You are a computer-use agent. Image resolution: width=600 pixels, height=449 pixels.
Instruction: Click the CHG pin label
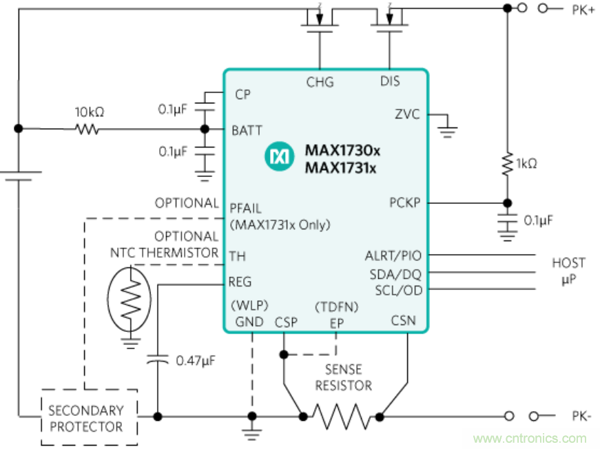coord(320,82)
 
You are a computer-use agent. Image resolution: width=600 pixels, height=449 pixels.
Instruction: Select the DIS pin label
coord(390,82)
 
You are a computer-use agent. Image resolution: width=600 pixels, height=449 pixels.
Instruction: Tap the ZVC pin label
coord(407,114)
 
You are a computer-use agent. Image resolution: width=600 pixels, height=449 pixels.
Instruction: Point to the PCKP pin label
coord(405,203)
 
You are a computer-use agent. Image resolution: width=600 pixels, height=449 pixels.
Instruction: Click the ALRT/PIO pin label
coord(393,256)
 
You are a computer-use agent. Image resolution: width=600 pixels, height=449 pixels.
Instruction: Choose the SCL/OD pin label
coord(399,291)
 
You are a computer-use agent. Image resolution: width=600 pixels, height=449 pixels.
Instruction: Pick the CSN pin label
coord(404,320)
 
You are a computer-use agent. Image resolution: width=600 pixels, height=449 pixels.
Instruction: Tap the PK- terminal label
coord(582,417)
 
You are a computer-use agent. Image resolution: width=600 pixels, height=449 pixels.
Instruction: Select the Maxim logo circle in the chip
coord(280,157)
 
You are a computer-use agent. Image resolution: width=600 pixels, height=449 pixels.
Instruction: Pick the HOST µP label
coord(568,271)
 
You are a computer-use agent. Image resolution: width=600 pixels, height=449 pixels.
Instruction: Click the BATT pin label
coord(247,129)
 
